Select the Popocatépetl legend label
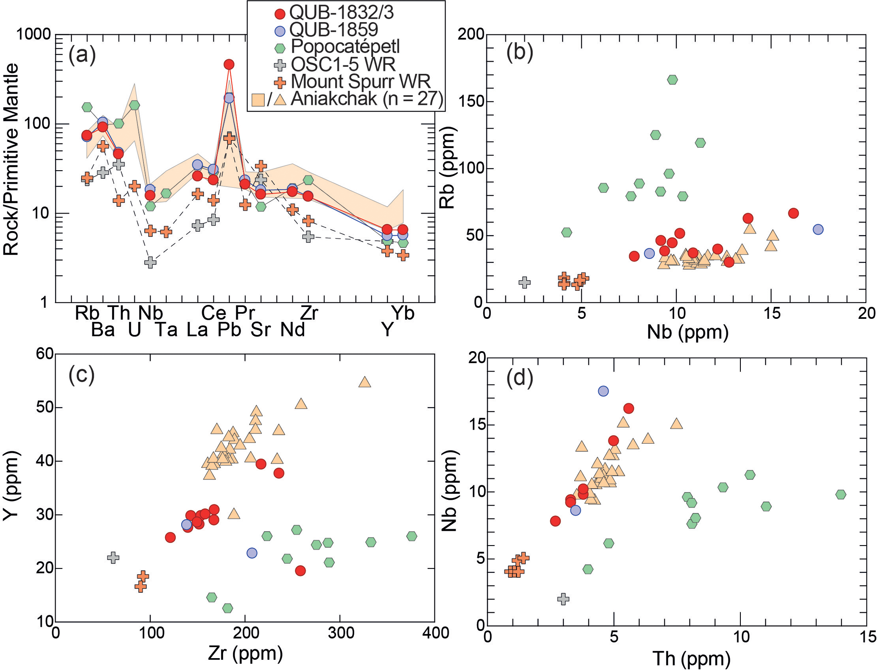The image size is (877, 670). [x=345, y=46]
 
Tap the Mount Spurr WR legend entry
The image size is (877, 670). [x=360, y=81]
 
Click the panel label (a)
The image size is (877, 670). [x=82, y=55]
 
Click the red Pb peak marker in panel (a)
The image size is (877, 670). [x=229, y=65]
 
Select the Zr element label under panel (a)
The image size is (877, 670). [x=308, y=313]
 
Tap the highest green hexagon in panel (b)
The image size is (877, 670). [x=672, y=80]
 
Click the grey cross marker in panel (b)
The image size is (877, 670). [x=525, y=282]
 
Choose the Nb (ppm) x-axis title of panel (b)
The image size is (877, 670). [x=687, y=332]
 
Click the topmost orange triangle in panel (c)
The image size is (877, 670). [x=364, y=382]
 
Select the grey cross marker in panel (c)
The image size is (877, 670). [x=113, y=557]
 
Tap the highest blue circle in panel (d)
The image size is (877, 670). [x=603, y=391]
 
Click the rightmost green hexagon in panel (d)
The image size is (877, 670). [x=841, y=494]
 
